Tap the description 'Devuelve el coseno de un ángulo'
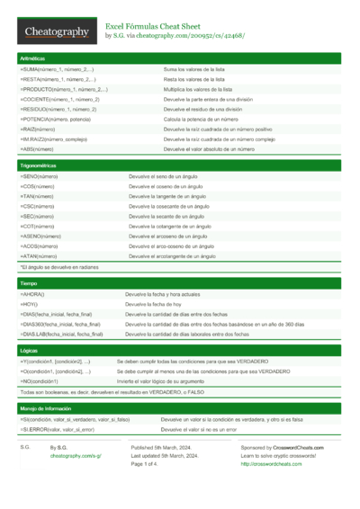click(x=171, y=187)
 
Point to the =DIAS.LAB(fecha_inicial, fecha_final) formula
click(x=62, y=334)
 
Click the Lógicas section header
click(x=30, y=351)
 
